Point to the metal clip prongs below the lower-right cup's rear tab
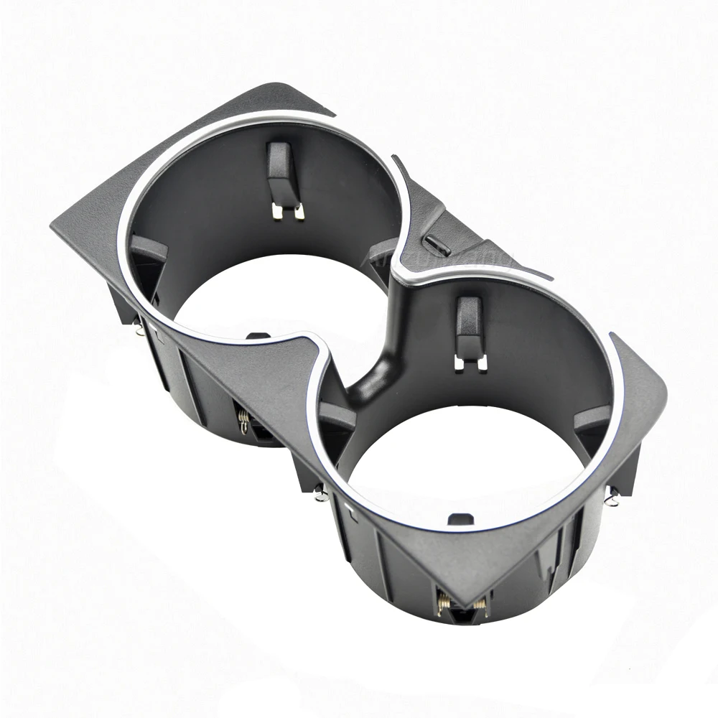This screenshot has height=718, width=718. pyautogui.click(x=470, y=362)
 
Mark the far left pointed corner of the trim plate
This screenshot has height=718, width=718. pyautogui.click(x=55, y=228)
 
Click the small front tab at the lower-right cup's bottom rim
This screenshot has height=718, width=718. pyautogui.click(x=460, y=518)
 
